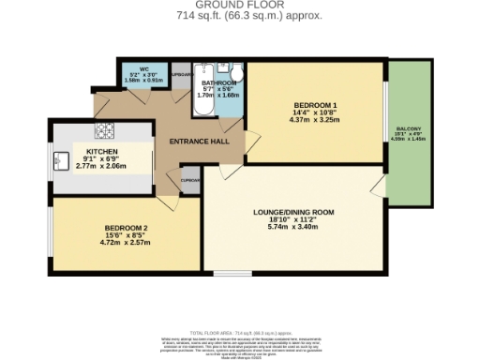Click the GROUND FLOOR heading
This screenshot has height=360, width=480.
[x=240, y=6]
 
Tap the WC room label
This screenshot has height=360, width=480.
[x=144, y=68]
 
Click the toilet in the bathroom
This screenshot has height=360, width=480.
[x=237, y=75]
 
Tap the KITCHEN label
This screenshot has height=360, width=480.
[x=102, y=151]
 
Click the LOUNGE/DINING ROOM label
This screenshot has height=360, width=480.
[x=293, y=211]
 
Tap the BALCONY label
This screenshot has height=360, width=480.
[x=407, y=128]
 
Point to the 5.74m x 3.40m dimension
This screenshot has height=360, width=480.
[x=293, y=227]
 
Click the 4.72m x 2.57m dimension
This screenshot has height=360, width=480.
[x=125, y=242]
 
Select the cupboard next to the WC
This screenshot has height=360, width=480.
[x=181, y=74]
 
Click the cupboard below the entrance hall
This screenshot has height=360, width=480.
[x=190, y=182]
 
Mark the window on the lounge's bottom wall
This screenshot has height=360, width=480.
[x=233, y=274]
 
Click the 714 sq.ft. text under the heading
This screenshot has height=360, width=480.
[x=240, y=16]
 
